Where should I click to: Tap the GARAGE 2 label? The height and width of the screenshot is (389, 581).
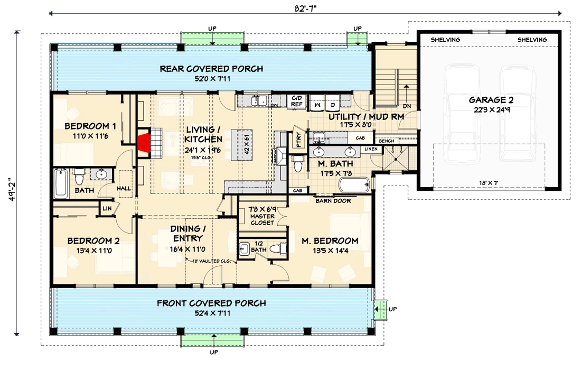coord(491,99)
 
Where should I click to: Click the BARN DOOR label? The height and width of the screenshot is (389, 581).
coord(333,201)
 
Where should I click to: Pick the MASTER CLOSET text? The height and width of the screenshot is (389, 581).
coord(262,219)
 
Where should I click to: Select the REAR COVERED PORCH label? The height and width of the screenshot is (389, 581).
coord(211,69)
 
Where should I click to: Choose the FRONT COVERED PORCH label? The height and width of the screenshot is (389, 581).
coord(211,303)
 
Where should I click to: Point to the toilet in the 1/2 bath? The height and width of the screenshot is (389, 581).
coord(276,248)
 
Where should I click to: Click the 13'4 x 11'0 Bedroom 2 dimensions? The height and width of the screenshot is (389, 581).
coord(93,251)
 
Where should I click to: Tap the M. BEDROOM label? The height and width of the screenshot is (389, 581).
coord(330,241)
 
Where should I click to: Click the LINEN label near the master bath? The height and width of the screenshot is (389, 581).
coord(371,150)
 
